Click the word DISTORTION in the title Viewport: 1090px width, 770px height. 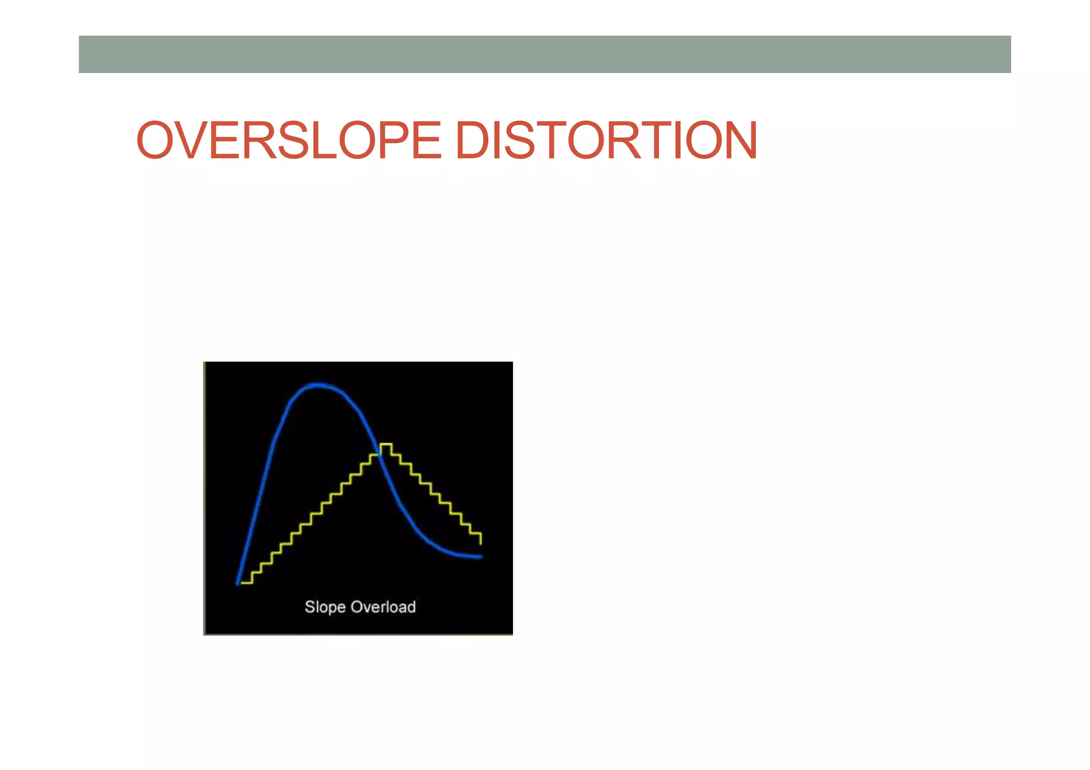pyautogui.click(x=606, y=140)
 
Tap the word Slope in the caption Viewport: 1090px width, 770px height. pyautogui.click(x=325, y=607)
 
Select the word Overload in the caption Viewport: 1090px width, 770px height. pyautogui.click(x=383, y=607)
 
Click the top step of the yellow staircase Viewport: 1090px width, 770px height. pyautogui.click(x=386, y=444)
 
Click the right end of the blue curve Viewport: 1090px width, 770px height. pyautogui.click(x=481, y=557)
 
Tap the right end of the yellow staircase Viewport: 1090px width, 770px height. pyautogui.click(x=481, y=542)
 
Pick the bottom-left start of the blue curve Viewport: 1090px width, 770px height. pyautogui.click(x=237, y=584)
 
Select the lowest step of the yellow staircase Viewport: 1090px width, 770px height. pyautogui.click(x=246, y=583)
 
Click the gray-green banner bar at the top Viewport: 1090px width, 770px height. pyautogui.click(x=544, y=54)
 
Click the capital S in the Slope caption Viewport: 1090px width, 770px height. pyautogui.click(x=310, y=607)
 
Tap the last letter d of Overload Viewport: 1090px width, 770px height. pyautogui.click(x=411, y=607)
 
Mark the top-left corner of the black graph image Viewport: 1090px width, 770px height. pyautogui.click(x=205, y=363)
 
